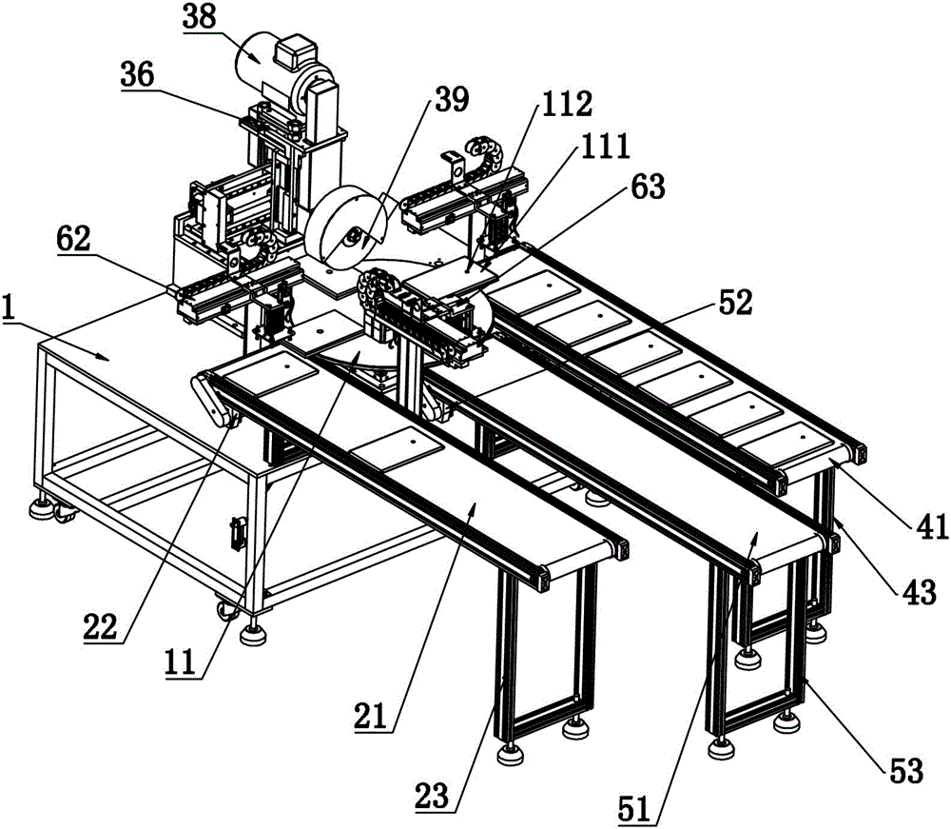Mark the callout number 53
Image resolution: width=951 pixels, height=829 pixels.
tap(906, 771)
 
